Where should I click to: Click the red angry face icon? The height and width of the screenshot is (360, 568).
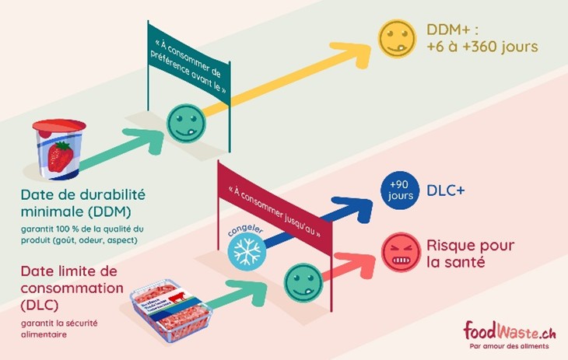pyautogui.click(x=399, y=253)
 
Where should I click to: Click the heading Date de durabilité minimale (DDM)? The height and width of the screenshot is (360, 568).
pyautogui.click(x=83, y=201)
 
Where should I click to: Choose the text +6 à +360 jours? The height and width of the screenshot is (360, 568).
pyautogui.click(x=482, y=47)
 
